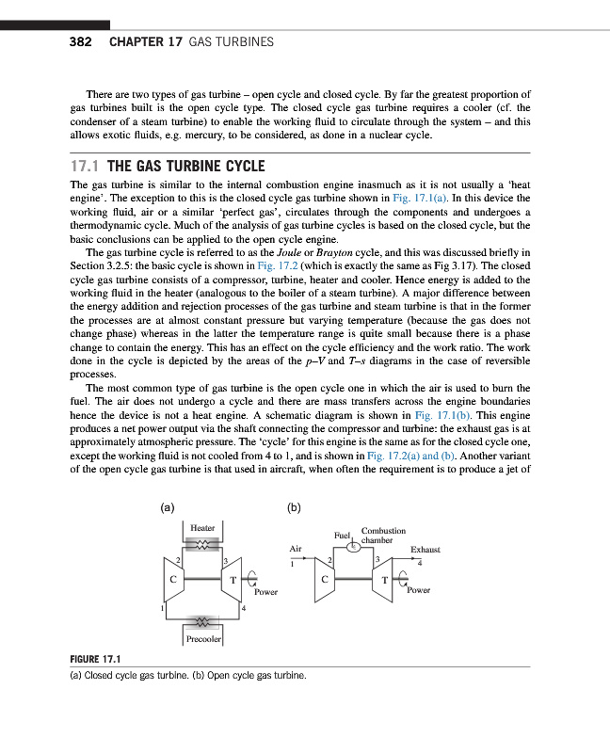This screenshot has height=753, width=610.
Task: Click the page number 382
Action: pyautogui.click(x=80, y=42)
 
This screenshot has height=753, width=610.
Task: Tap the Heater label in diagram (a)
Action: pyautogui.click(x=203, y=528)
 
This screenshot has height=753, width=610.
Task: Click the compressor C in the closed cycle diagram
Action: pyautogui.click(x=173, y=578)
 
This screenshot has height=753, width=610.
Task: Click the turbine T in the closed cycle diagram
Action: pyautogui.click(x=232, y=579)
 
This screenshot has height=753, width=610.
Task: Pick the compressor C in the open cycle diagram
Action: pyautogui.click(x=325, y=579)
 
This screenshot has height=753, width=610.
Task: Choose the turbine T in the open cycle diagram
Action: pyautogui.click(x=384, y=579)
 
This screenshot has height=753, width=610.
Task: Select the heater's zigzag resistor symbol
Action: pyautogui.click(x=202, y=544)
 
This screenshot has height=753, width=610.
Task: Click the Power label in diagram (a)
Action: pyautogui.click(x=265, y=592)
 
